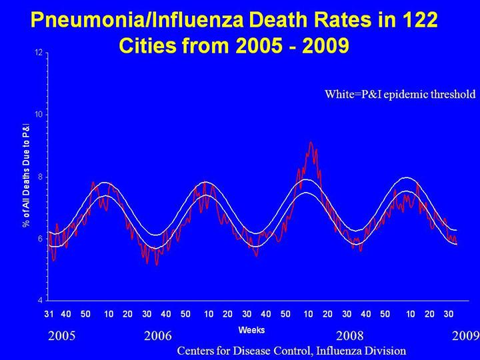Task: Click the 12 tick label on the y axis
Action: (x=39, y=53)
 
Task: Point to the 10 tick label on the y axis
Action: (x=39, y=114)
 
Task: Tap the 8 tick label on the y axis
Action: (x=41, y=177)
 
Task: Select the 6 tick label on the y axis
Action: (x=41, y=239)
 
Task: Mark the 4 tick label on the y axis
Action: (x=41, y=300)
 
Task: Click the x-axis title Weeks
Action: (x=251, y=330)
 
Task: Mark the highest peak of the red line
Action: (x=311, y=142)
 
